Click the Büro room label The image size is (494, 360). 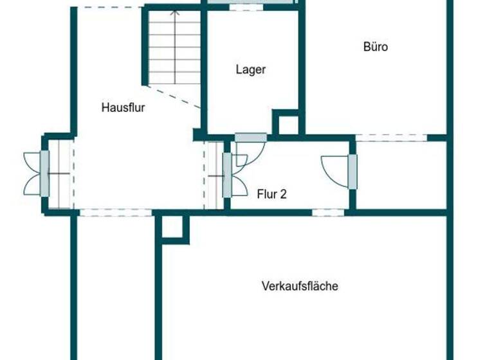click(x=376, y=46)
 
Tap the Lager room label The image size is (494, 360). click(x=251, y=70)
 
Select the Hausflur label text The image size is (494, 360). click(x=123, y=107)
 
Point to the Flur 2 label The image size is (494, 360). click(x=271, y=194)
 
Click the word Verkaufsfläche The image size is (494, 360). click(x=300, y=286)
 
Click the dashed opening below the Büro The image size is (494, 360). click(x=391, y=138)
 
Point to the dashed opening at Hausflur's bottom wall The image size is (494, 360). click(x=116, y=212)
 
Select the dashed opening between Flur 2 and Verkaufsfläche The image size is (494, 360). click(x=328, y=212)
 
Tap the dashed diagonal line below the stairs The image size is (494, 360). click(x=174, y=96)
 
